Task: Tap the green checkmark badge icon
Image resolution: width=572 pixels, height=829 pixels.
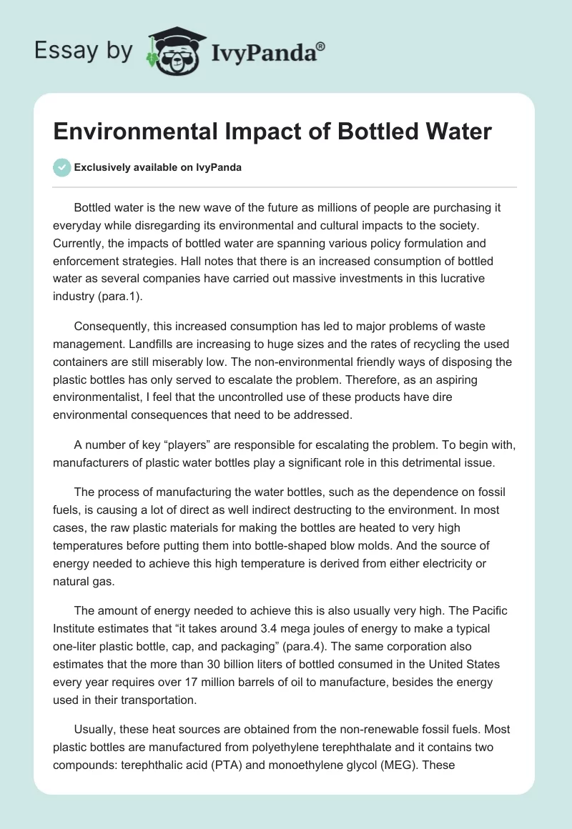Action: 62,167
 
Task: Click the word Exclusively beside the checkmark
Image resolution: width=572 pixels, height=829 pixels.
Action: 102,167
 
